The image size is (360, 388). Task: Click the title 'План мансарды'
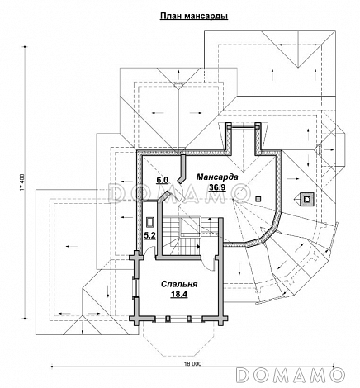(194, 17)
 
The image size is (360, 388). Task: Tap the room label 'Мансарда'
(217, 177)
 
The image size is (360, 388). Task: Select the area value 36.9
(217, 187)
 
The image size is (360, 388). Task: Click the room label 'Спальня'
(179, 284)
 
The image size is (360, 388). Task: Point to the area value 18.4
(179, 294)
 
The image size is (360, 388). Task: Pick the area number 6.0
(162, 180)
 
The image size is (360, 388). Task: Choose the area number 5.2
(150, 235)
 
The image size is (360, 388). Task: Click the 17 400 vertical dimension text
(22, 182)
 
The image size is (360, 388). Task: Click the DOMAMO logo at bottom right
(291, 375)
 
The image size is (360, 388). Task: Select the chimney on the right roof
(306, 199)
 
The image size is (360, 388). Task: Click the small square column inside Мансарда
(258, 199)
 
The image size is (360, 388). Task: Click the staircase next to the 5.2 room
(182, 235)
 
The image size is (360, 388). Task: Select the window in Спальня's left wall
(135, 287)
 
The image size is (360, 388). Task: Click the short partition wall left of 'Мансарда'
(182, 168)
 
